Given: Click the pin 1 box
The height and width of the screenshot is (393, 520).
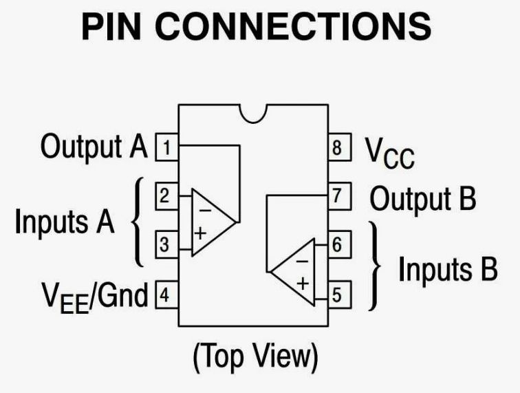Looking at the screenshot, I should tap(166, 147).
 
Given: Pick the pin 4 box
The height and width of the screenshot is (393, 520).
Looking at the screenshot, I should tap(165, 295).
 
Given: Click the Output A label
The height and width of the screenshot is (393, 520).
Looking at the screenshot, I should tap(94, 146).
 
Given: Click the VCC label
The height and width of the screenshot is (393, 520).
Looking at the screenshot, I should tap(389, 152).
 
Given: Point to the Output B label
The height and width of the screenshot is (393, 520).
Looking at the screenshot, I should tap(423, 199).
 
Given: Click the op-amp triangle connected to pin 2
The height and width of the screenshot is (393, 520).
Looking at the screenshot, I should tap(210, 222).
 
